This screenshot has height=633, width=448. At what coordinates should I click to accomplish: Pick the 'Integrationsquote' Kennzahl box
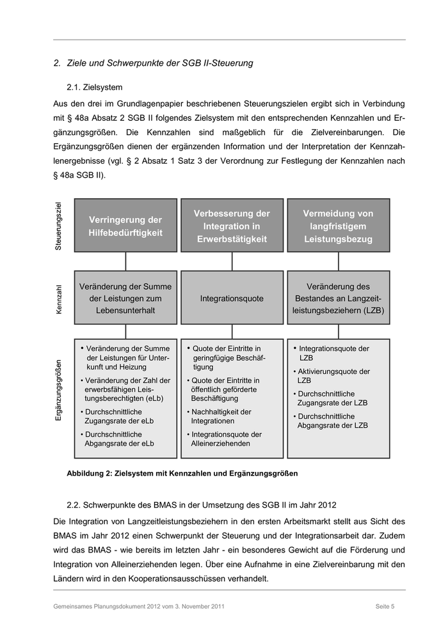point(232,298)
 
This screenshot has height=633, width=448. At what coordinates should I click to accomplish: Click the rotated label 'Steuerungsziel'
point(59,226)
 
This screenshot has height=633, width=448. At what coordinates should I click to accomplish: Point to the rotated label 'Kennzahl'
point(59,299)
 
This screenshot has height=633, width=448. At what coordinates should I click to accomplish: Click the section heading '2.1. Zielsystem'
point(94,86)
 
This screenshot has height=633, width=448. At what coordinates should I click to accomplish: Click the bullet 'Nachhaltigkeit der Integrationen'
point(221,416)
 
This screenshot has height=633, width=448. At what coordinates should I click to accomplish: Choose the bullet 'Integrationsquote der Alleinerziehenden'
point(226,439)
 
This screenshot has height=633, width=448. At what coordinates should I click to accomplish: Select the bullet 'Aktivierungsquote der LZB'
point(333,375)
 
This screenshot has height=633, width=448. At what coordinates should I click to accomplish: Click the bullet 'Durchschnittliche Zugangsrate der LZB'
point(332,398)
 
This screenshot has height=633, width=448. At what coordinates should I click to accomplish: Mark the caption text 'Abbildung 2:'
point(89,474)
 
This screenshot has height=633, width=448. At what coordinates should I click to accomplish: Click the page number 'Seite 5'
point(385,606)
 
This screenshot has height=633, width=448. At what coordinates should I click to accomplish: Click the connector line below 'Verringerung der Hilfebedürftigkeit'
point(125,261)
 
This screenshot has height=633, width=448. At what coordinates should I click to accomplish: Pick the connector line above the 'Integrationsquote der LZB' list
point(338,331)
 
